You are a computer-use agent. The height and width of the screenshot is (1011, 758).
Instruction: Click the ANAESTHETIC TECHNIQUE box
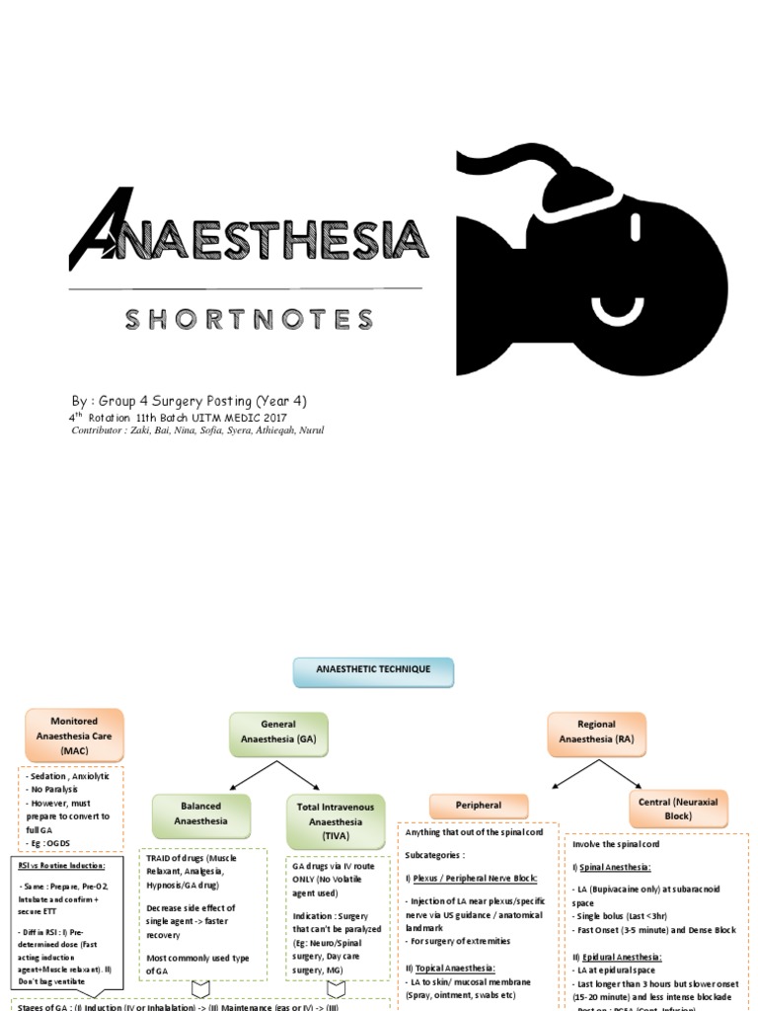[373, 671]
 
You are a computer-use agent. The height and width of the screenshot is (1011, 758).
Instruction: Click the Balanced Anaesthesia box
[201, 815]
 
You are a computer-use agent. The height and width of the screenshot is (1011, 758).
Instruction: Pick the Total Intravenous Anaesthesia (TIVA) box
[335, 821]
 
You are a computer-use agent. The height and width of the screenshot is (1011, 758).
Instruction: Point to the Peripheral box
[478, 806]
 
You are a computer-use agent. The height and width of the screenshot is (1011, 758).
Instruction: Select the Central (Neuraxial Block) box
[678, 810]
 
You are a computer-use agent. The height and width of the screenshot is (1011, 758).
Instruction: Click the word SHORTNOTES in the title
[250, 320]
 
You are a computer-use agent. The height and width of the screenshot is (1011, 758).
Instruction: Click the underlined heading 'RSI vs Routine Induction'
[61, 866]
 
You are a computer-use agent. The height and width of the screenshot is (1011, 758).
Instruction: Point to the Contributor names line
[197, 430]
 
